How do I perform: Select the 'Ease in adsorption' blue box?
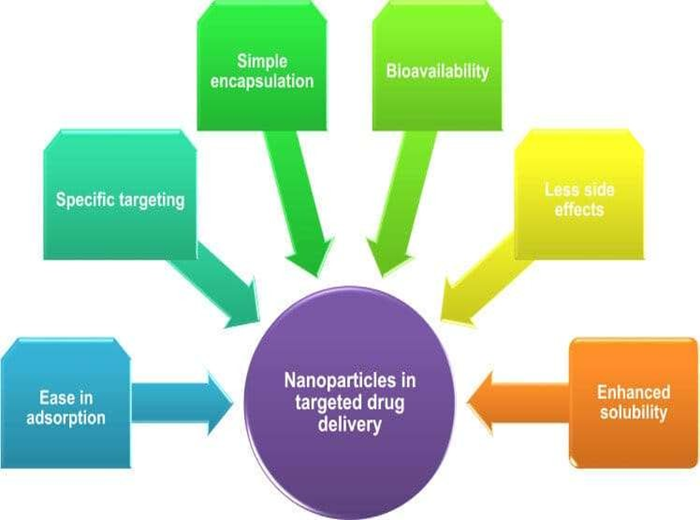click(x=65, y=403)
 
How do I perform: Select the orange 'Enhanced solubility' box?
click(x=632, y=403)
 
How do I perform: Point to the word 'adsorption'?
click(x=66, y=418)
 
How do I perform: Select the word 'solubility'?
click(x=633, y=413)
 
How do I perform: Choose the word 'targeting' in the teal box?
click(x=152, y=200)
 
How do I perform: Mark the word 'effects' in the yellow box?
click(x=579, y=209)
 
